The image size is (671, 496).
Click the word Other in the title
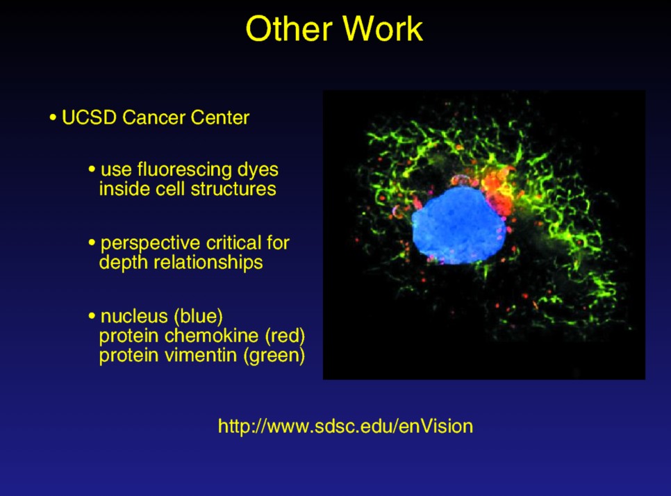[x=289, y=28]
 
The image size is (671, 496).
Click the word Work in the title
[x=383, y=28]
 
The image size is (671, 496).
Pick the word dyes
[x=258, y=170]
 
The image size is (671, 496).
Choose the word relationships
[x=208, y=263]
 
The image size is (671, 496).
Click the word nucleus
[x=134, y=316]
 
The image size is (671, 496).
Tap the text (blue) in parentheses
[x=198, y=317]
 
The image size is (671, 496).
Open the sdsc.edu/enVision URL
[x=345, y=427]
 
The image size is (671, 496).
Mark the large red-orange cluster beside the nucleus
[x=499, y=190]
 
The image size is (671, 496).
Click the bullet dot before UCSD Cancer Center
[x=53, y=117]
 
